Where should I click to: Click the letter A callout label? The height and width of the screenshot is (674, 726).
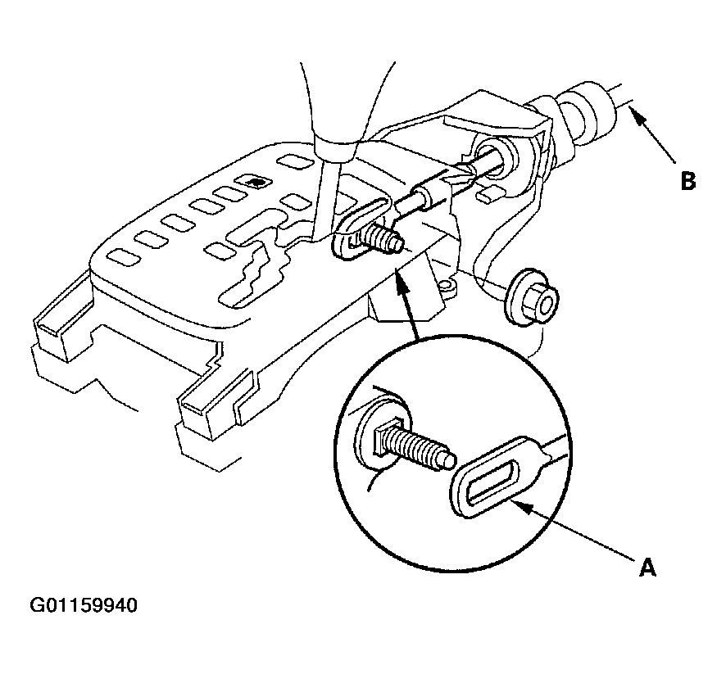[647, 568]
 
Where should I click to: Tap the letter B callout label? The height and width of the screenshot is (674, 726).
[688, 181]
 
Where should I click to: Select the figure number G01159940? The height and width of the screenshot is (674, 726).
[84, 605]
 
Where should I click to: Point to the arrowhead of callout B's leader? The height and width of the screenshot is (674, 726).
[636, 112]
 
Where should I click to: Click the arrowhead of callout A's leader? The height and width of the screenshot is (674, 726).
[521, 505]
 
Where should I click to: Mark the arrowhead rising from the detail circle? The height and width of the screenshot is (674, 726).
[400, 280]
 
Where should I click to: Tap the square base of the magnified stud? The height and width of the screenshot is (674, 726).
[383, 438]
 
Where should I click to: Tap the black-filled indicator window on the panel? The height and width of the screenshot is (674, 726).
[252, 182]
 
